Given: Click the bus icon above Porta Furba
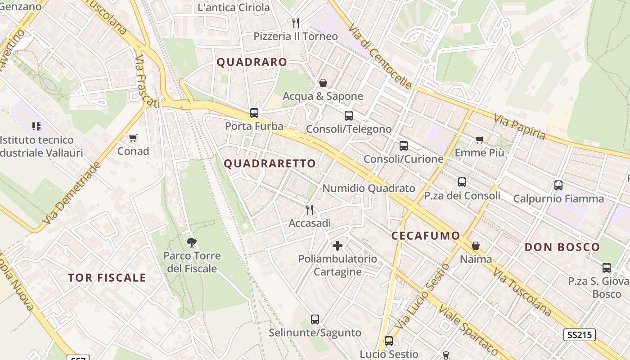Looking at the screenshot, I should pyautogui.click(x=254, y=113).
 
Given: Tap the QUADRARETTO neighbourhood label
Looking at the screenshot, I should pyautogui.click(x=270, y=164).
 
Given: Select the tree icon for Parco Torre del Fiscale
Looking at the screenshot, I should pyautogui.click(x=192, y=243).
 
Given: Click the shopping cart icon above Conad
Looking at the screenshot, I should pyautogui.click(x=133, y=138).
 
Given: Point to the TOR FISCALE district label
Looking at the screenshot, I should pyautogui.click(x=107, y=278).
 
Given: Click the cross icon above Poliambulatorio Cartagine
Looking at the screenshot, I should pyautogui.click(x=337, y=246).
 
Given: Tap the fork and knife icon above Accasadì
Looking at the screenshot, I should pyautogui.click(x=310, y=209).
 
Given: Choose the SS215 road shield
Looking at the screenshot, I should pyautogui.click(x=580, y=335).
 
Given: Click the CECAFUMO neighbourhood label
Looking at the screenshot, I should pyautogui.click(x=426, y=236).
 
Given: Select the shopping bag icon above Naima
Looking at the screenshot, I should pyautogui.click(x=476, y=246).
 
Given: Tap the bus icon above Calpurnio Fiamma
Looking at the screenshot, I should pyautogui.click(x=558, y=185).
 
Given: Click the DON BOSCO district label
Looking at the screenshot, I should pyautogui.click(x=562, y=247).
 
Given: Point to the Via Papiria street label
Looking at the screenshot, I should pyautogui.click(x=520, y=127).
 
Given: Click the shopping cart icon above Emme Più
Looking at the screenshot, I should pyautogui.click(x=480, y=139).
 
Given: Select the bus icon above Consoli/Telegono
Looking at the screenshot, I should pyautogui.click(x=349, y=116).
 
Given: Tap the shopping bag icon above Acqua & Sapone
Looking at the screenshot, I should pyautogui.click(x=323, y=83).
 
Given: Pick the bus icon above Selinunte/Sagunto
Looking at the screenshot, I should pyautogui.click(x=315, y=319).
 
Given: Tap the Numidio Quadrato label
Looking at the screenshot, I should pyautogui.click(x=369, y=189).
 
